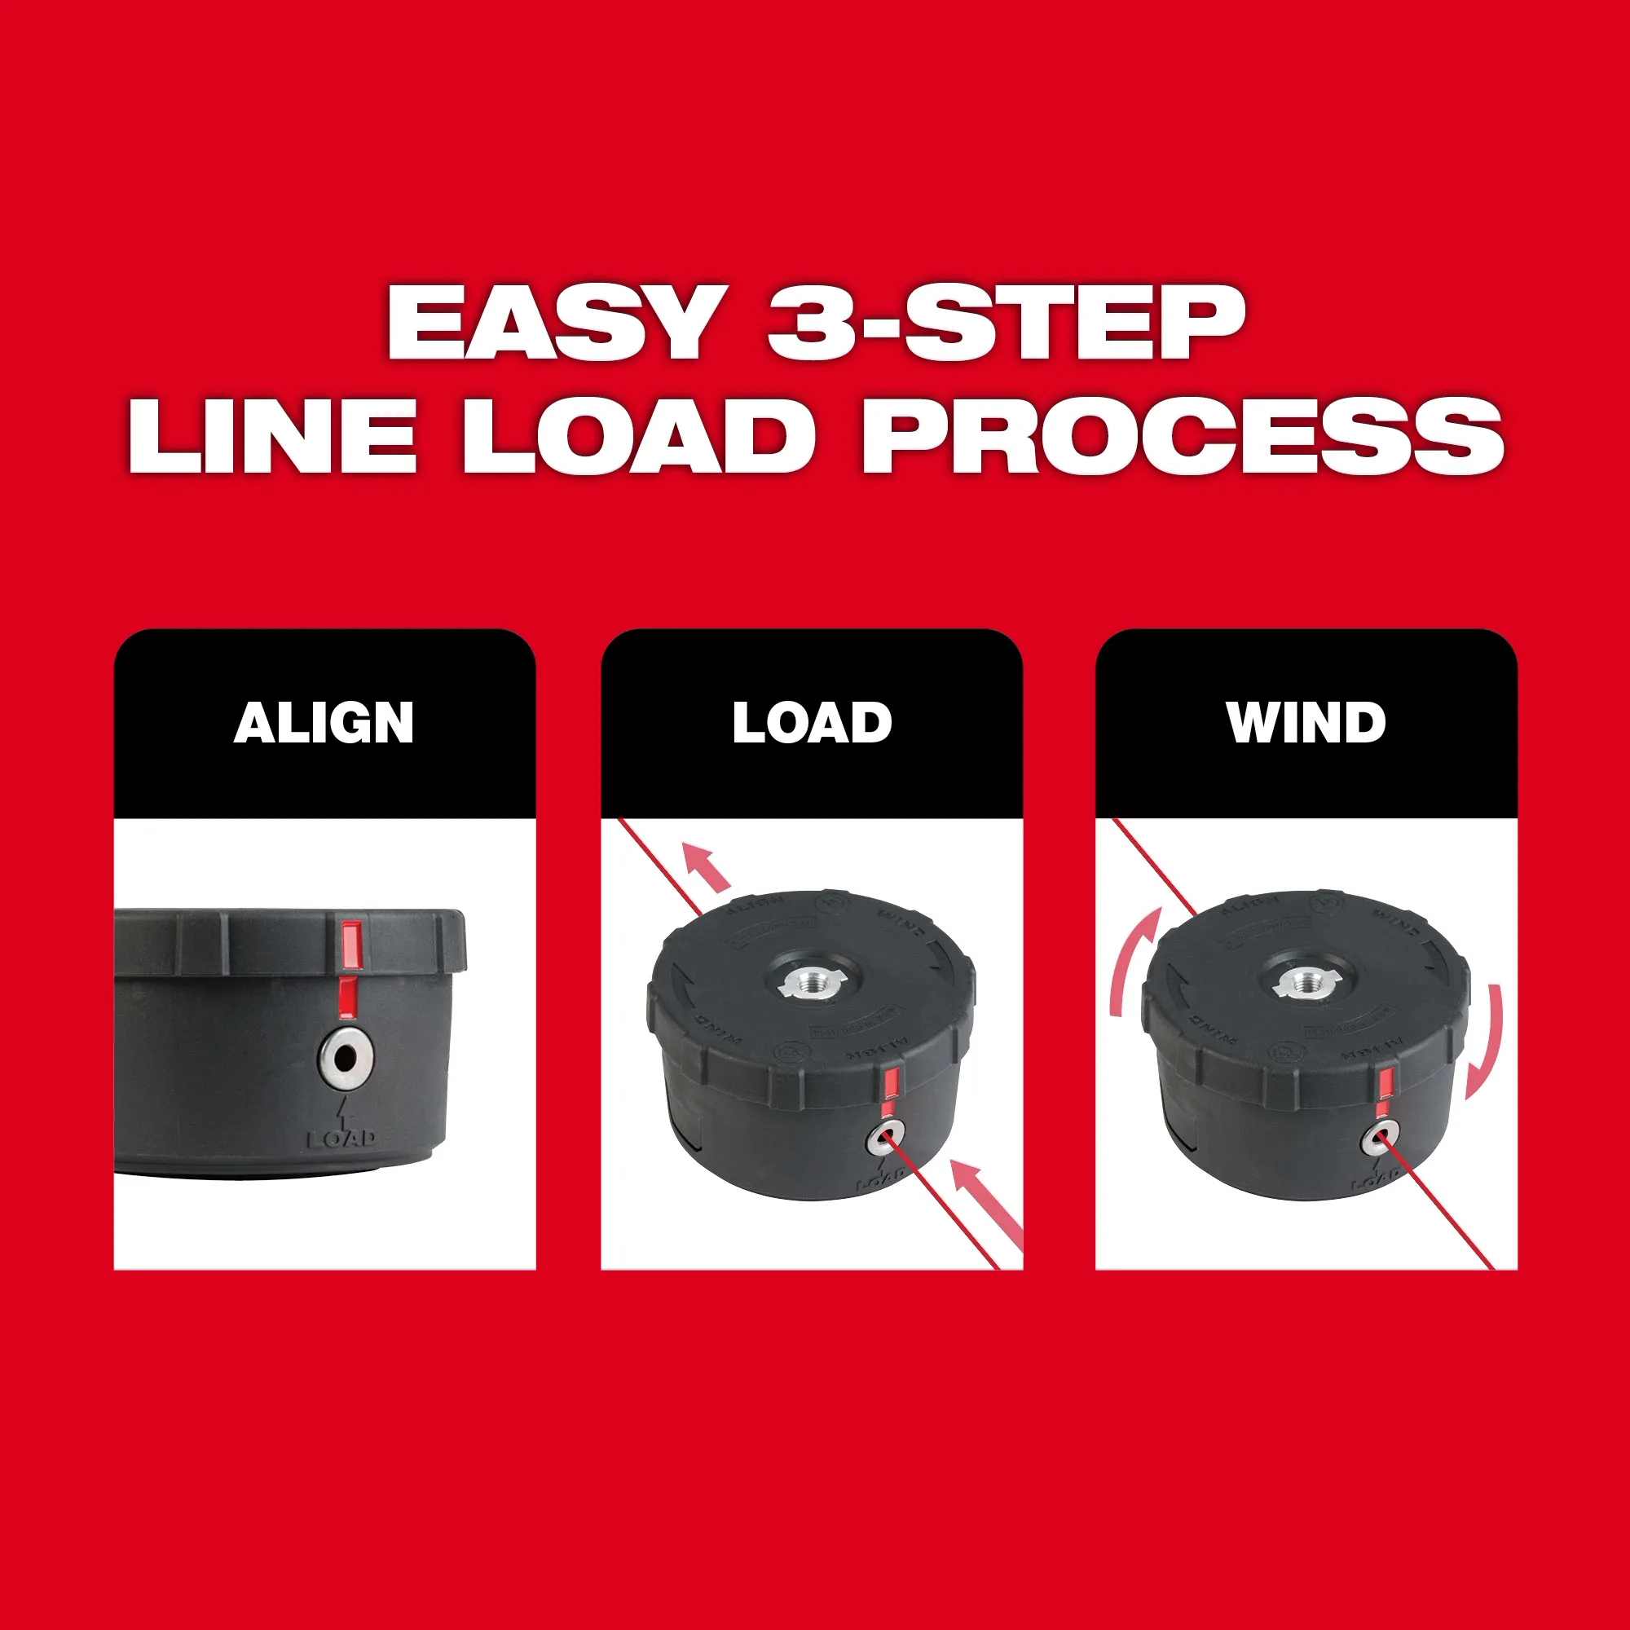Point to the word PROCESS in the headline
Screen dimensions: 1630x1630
click(1182, 436)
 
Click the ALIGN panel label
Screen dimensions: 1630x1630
click(324, 723)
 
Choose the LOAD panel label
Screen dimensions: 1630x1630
click(812, 723)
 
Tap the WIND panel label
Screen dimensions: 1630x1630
click(1306, 723)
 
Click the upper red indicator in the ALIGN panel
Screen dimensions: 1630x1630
click(350, 944)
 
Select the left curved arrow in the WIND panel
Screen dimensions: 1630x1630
click(1130, 962)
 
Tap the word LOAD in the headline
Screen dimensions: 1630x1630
click(638, 436)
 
